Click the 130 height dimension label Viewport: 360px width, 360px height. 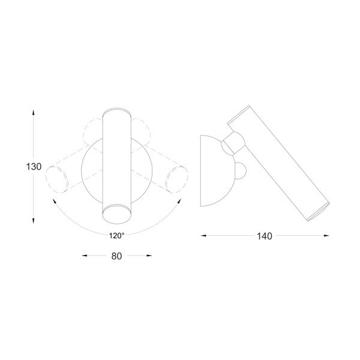tap(34, 167)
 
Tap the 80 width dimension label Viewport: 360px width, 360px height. tap(116, 256)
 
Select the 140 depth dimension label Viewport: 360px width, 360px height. tap(265, 236)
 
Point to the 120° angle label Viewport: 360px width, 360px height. tap(116, 236)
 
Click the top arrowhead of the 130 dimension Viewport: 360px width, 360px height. tap(34, 113)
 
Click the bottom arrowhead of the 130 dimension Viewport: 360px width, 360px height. tap(34, 221)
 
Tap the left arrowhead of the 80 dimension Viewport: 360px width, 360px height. tap(85, 256)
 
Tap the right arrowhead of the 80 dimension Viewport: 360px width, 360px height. tap(149, 256)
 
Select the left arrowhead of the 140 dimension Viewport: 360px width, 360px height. tap(203, 235)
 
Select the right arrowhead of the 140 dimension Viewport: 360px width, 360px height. tap(326, 235)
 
